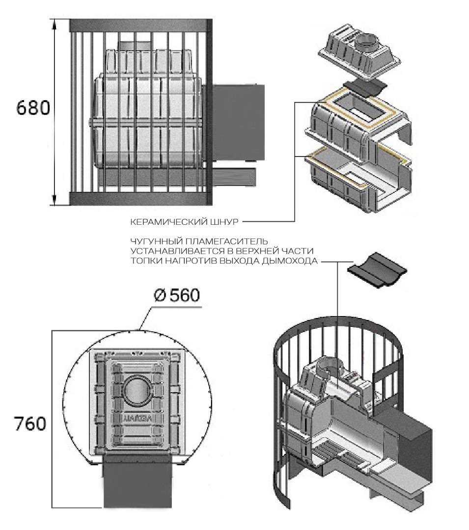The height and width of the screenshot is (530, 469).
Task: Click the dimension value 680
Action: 33,108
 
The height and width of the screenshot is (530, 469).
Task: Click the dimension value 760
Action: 30,423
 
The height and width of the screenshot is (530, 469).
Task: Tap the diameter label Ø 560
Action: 175,296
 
